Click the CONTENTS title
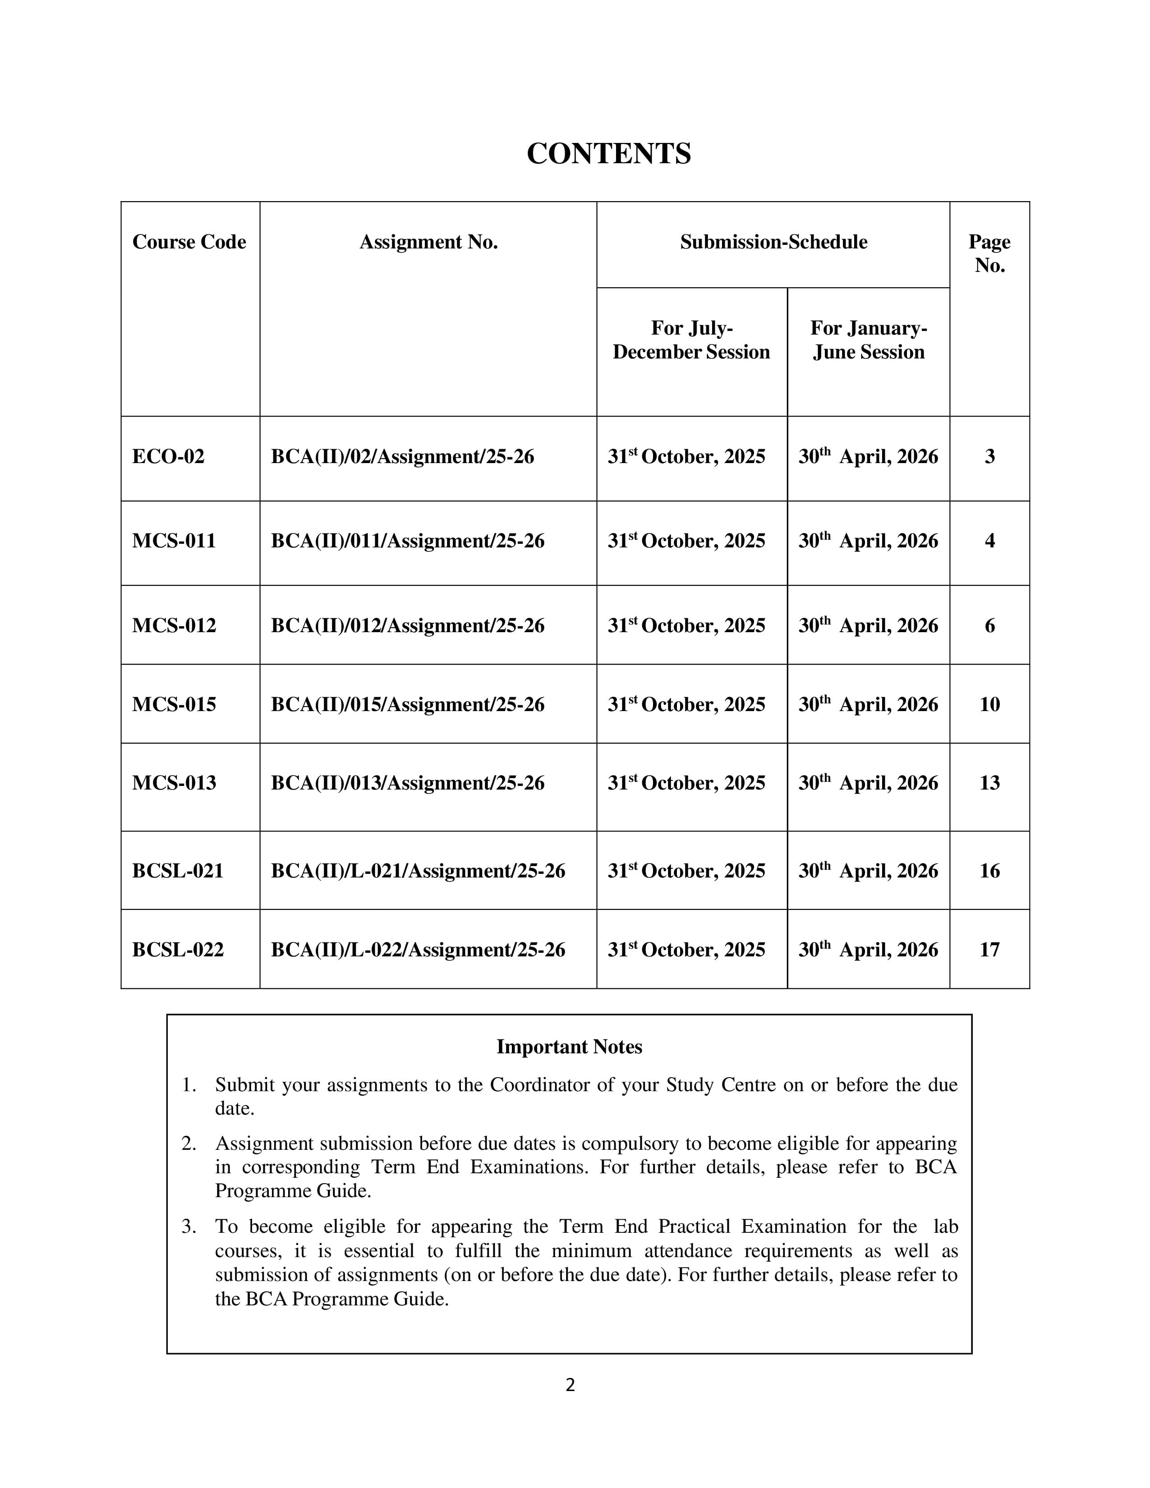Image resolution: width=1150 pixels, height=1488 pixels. (608, 153)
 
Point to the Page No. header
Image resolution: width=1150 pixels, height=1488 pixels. (989, 253)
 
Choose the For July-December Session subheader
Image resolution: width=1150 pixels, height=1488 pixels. (691, 340)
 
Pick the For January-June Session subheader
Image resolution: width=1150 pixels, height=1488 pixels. (868, 340)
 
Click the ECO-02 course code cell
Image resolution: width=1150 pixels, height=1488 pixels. (168, 456)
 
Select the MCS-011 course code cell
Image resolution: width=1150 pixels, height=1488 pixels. (174, 541)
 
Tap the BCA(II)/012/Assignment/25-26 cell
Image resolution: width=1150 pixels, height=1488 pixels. (407, 625)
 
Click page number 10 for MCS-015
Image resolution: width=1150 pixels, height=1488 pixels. (989, 704)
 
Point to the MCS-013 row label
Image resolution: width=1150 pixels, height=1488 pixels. (174, 783)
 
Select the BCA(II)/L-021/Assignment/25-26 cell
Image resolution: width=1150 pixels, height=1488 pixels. (418, 871)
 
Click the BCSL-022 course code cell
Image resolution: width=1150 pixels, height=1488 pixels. (178, 950)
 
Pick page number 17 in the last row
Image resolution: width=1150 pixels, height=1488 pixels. (989, 950)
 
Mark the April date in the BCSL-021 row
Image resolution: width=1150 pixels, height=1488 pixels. (868, 871)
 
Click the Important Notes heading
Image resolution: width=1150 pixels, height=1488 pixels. (569, 1047)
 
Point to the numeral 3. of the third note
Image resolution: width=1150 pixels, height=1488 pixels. (189, 1227)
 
